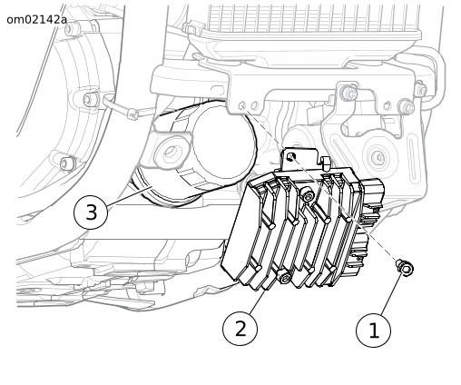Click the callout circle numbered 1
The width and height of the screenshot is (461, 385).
373,331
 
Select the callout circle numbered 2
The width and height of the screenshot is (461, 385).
240,328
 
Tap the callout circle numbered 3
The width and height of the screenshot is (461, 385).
91,212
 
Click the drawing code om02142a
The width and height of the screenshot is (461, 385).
36,20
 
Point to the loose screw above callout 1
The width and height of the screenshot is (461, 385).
406,268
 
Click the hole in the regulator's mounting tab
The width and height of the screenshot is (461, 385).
291,156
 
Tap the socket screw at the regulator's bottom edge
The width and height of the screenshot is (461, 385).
284,276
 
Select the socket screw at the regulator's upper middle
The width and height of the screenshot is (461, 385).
308,195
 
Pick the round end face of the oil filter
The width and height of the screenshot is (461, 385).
223,145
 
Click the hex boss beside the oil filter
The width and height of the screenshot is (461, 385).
172,153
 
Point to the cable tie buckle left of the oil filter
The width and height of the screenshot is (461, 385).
132,114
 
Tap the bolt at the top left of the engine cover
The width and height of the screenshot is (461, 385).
73,29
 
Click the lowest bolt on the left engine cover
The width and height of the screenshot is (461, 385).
66,163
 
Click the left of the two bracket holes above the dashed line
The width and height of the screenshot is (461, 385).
242,106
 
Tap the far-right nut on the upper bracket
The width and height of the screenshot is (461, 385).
420,90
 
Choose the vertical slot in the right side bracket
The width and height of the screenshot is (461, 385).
413,160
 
